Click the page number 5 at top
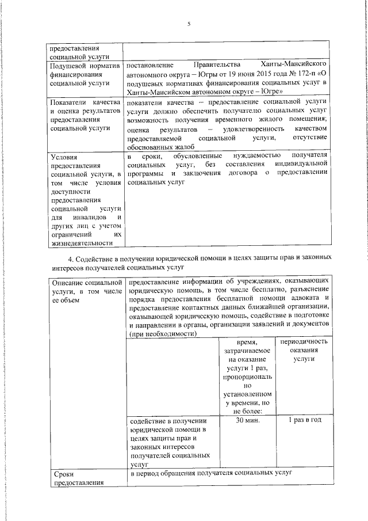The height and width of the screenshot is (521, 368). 188,24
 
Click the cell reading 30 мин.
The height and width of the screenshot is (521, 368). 247,420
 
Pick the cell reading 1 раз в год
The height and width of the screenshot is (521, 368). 303,420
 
